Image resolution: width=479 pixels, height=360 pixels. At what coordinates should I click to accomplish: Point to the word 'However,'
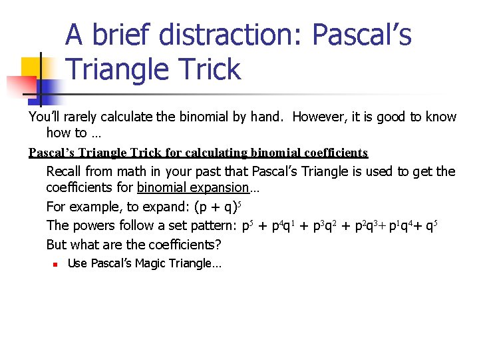pyautogui.click(x=317, y=117)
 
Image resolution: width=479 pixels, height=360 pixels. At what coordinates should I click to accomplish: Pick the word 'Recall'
pyautogui.click(x=65, y=171)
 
